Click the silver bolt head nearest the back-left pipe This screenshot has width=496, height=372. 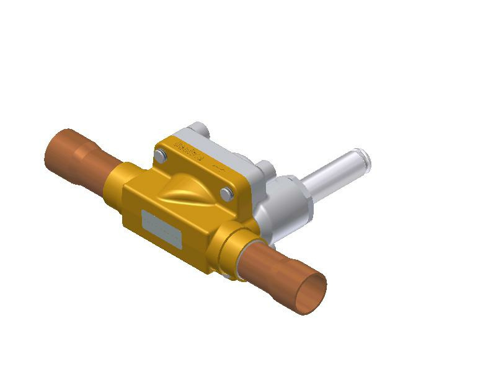pyautogui.click(x=161, y=155)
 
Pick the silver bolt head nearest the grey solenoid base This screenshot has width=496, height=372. pyautogui.click(x=227, y=193)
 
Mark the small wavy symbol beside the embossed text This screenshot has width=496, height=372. pyautogui.click(x=218, y=167)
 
